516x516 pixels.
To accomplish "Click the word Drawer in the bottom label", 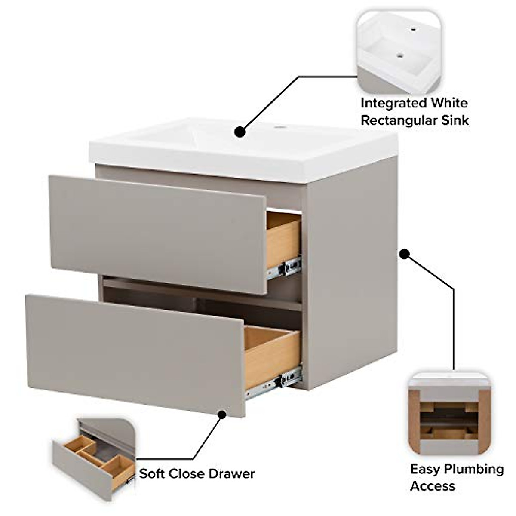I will [232, 474].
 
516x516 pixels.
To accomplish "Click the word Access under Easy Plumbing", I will [432, 486].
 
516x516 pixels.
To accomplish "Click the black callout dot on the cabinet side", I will [404, 254].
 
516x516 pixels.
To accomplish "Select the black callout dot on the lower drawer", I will [222, 415].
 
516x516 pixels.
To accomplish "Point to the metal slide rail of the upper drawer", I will [284, 268].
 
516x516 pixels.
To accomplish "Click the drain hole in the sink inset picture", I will [400, 55].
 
